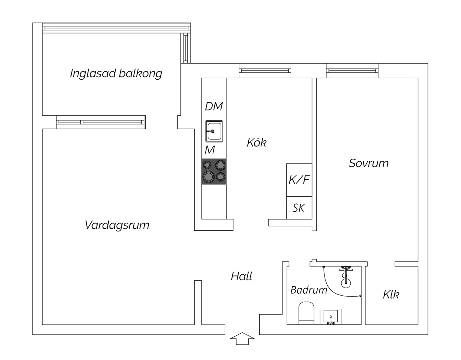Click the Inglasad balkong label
pyautogui.click(x=116, y=73)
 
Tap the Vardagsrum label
pyautogui.click(x=117, y=225)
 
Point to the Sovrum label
pyautogui.click(x=368, y=163)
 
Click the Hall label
pyautogui.click(x=242, y=276)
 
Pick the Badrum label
pyautogui.click(x=309, y=290)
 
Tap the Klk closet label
pyautogui.click(x=391, y=295)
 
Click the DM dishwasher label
pyautogui.click(x=214, y=106)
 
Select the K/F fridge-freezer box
pyautogui.click(x=299, y=180)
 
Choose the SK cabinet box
pyautogui.click(x=299, y=208)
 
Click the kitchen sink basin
pyautogui.click(x=214, y=131)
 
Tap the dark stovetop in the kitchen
pyautogui.click(x=214, y=171)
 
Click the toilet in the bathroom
pyautogui.click(x=306, y=313)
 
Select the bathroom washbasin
pyautogui.click(x=330, y=317)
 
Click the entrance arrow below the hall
pyautogui.click(x=242, y=338)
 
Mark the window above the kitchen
pyautogui.click(x=265, y=71)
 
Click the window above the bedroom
pyautogui.click(x=352, y=71)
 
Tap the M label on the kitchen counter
pyautogui.click(x=210, y=150)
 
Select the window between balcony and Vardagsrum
pyautogui.click(x=101, y=122)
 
